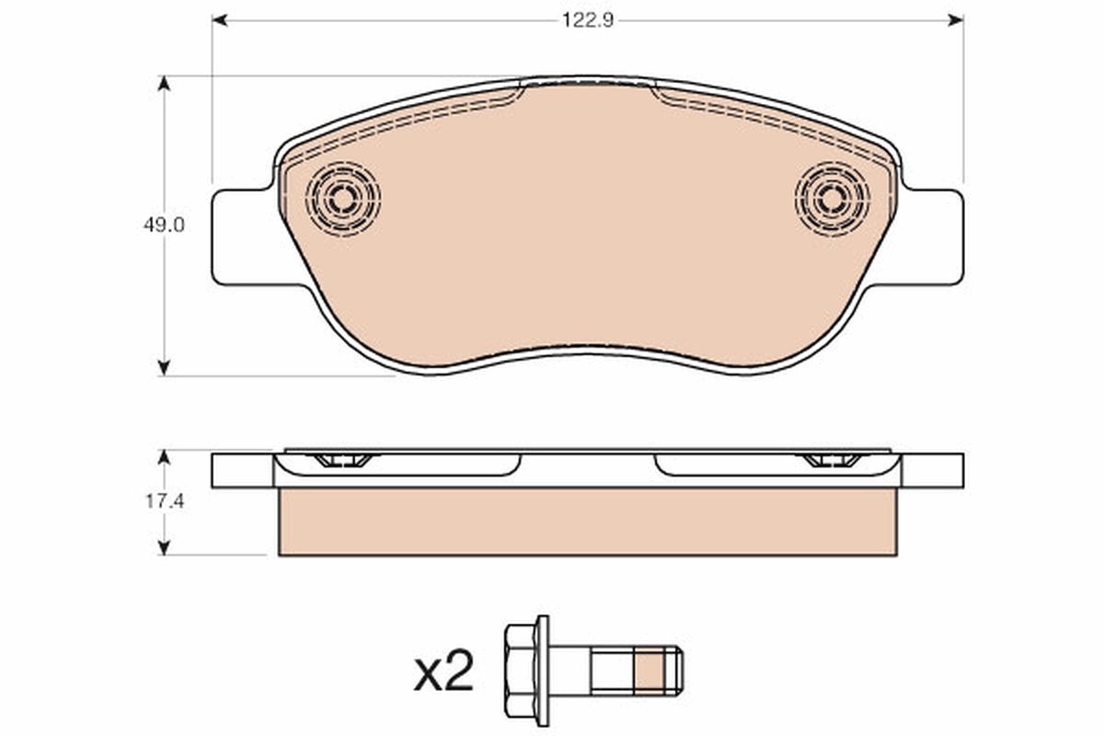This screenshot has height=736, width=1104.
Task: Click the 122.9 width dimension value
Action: (588, 21)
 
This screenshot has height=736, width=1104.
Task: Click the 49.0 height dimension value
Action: (164, 225)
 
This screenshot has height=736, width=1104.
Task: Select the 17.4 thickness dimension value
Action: (165, 501)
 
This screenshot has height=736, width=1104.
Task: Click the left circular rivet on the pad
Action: (342, 199)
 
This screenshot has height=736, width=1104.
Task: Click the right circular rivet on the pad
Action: (832, 199)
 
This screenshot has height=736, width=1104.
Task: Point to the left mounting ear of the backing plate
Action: (244, 237)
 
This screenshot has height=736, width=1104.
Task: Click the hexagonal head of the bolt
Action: (521, 671)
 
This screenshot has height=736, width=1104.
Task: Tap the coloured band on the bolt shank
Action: (650, 671)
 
